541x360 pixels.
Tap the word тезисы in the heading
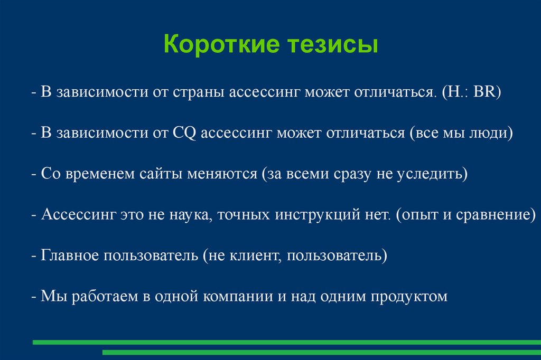point(333,44)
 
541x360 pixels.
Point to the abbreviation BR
point(484,91)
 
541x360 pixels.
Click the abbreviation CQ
point(184,133)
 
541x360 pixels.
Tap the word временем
point(100,174)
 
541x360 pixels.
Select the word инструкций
point(318,215)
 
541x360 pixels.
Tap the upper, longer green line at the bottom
point(287,343)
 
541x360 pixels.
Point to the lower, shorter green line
point(322,353)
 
